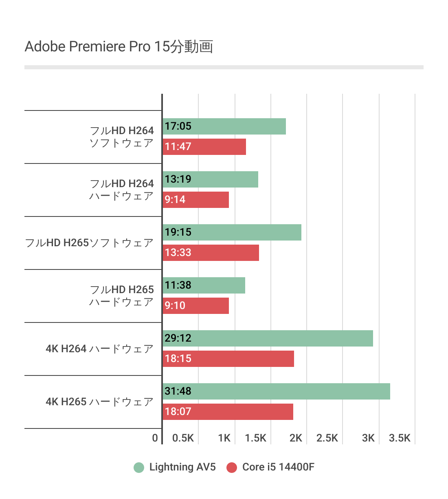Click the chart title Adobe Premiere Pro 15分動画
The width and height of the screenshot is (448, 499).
coord(119,46)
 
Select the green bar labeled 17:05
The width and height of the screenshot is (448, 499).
coord(224,126)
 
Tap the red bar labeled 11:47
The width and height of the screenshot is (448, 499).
coord(204,147)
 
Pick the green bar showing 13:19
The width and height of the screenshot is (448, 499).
coord(210,179)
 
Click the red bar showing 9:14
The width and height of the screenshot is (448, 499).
coord(195,200)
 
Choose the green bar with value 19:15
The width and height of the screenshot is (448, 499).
coord(232,232)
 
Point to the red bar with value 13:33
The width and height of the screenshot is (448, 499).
coord(211,253)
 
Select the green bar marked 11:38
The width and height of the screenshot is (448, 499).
coord(204,285)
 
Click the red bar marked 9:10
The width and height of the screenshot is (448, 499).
coord(195,306)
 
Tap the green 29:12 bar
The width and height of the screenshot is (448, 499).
coord(268,338)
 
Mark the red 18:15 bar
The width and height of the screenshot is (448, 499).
coord(228,359)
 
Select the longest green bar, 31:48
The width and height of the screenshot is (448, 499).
coord(276,391)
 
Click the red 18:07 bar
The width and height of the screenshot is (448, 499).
coord(228,412)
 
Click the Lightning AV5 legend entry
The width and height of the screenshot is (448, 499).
coord(175,467)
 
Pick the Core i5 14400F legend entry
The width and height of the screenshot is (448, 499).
coord(271,467)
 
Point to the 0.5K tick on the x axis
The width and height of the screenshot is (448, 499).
coord(183,438)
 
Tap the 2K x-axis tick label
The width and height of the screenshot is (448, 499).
coord(296,438)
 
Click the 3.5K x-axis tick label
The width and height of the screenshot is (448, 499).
coord(400,438)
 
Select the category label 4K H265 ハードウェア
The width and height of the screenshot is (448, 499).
coord(99,402)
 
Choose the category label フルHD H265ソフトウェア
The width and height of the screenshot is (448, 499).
coord(89,243)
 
